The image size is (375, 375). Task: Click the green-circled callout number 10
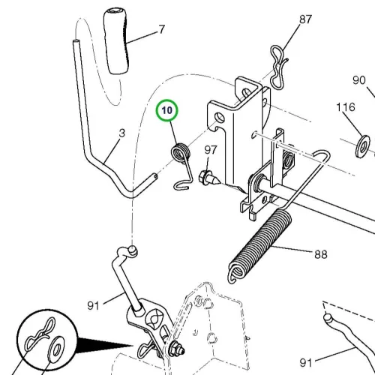(167, 110)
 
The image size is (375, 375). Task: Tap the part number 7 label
(162, 29)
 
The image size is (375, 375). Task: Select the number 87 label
(305, 19)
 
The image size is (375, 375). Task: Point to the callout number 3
(121, 133)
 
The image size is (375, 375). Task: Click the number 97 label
(210, 150)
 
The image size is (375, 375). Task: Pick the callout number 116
(346, 107)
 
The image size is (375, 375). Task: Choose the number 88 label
(321, 254)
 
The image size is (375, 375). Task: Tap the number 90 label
(359, 80)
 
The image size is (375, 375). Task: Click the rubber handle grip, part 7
(116, 41)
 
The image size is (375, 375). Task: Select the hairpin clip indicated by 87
(278, 67)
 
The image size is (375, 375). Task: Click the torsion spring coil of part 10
(180, 152)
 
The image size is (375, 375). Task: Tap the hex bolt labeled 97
(209, 178)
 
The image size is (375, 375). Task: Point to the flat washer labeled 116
(362, 146)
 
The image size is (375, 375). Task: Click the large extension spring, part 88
(260, 246)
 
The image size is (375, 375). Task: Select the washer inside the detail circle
(55, 348)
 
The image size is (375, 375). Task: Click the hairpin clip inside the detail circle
(40, 334)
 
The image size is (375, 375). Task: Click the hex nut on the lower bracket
(177, 348)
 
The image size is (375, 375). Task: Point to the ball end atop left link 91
(132, 250)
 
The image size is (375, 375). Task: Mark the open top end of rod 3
(76, 41)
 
